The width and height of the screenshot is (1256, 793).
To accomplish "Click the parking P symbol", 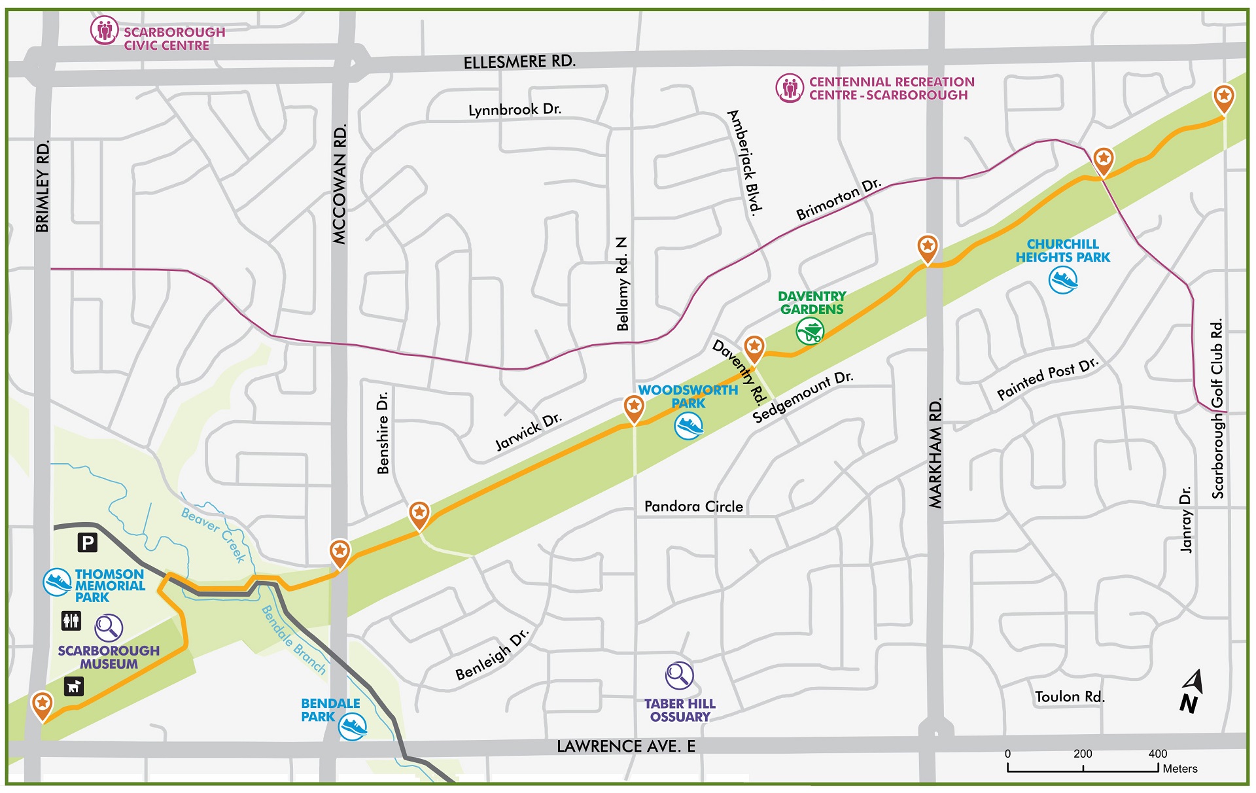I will [88, 542].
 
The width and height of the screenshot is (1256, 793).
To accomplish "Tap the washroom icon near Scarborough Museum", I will [71, 620].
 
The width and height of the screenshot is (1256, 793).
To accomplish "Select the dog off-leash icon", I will [74, 686].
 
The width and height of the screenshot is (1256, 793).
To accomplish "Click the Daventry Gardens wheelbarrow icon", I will [810, 331].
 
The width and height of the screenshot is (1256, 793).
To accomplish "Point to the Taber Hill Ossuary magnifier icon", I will [679, 675].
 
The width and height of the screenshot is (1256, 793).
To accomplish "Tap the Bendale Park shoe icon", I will [353, 726].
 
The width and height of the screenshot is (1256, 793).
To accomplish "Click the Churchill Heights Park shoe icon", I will [1063, 280].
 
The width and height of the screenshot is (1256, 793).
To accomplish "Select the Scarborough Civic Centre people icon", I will [104, 31].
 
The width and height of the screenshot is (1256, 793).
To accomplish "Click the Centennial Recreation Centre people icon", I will [790, 88].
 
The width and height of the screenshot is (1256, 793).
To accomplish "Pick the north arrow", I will [1192, 692].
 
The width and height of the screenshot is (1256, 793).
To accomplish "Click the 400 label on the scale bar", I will [1157, 754].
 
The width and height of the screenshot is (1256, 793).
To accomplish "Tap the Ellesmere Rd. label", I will [519, 62].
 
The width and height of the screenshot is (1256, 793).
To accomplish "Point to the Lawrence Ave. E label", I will [625, 747].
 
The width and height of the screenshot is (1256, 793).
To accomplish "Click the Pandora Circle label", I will [693, 506].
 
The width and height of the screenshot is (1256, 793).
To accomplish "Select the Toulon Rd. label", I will [1070, 697].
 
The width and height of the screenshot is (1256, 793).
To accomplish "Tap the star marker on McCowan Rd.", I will [340, 552].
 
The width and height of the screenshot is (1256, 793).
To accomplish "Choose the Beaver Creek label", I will [213, 534].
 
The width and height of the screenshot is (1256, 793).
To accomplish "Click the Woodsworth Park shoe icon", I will [688, 426].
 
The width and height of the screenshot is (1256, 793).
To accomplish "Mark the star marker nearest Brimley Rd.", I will [43, 705].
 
